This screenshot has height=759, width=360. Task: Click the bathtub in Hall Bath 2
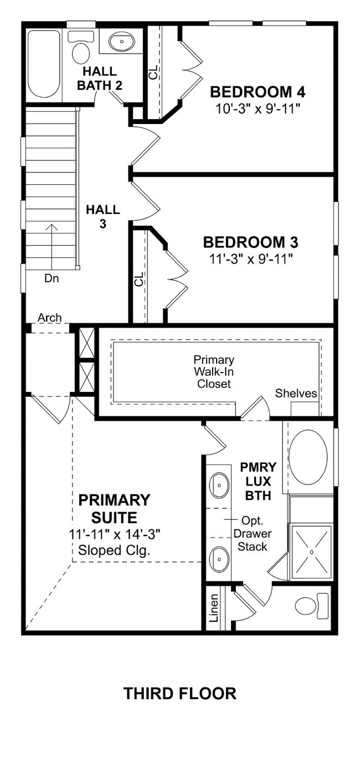[x=43, y=64]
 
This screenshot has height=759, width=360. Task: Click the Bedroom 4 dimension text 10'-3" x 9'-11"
[x=258, y=109]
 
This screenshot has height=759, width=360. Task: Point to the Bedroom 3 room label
[x=250, y=242]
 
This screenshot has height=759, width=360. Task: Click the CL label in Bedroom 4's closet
[x=153, y=72]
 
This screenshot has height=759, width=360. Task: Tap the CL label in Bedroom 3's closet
[x=139, y=279]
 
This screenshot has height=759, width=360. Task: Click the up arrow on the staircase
[x=52, y=246]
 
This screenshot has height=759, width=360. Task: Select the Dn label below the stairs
[x=52, y=278]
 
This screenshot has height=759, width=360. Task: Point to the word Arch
[x=49, y=318]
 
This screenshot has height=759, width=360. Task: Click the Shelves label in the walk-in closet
[x=296, y=393]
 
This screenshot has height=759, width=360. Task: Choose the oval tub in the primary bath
[x=308, y=457]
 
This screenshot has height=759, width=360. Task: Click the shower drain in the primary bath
[x=311, y=552]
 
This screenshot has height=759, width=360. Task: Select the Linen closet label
[x=214, y=608]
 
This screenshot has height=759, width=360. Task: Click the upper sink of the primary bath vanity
[x=219, y=485]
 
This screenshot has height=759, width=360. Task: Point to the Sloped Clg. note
[x=114, y=550]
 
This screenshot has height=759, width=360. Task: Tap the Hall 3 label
[x=102, y=216]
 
